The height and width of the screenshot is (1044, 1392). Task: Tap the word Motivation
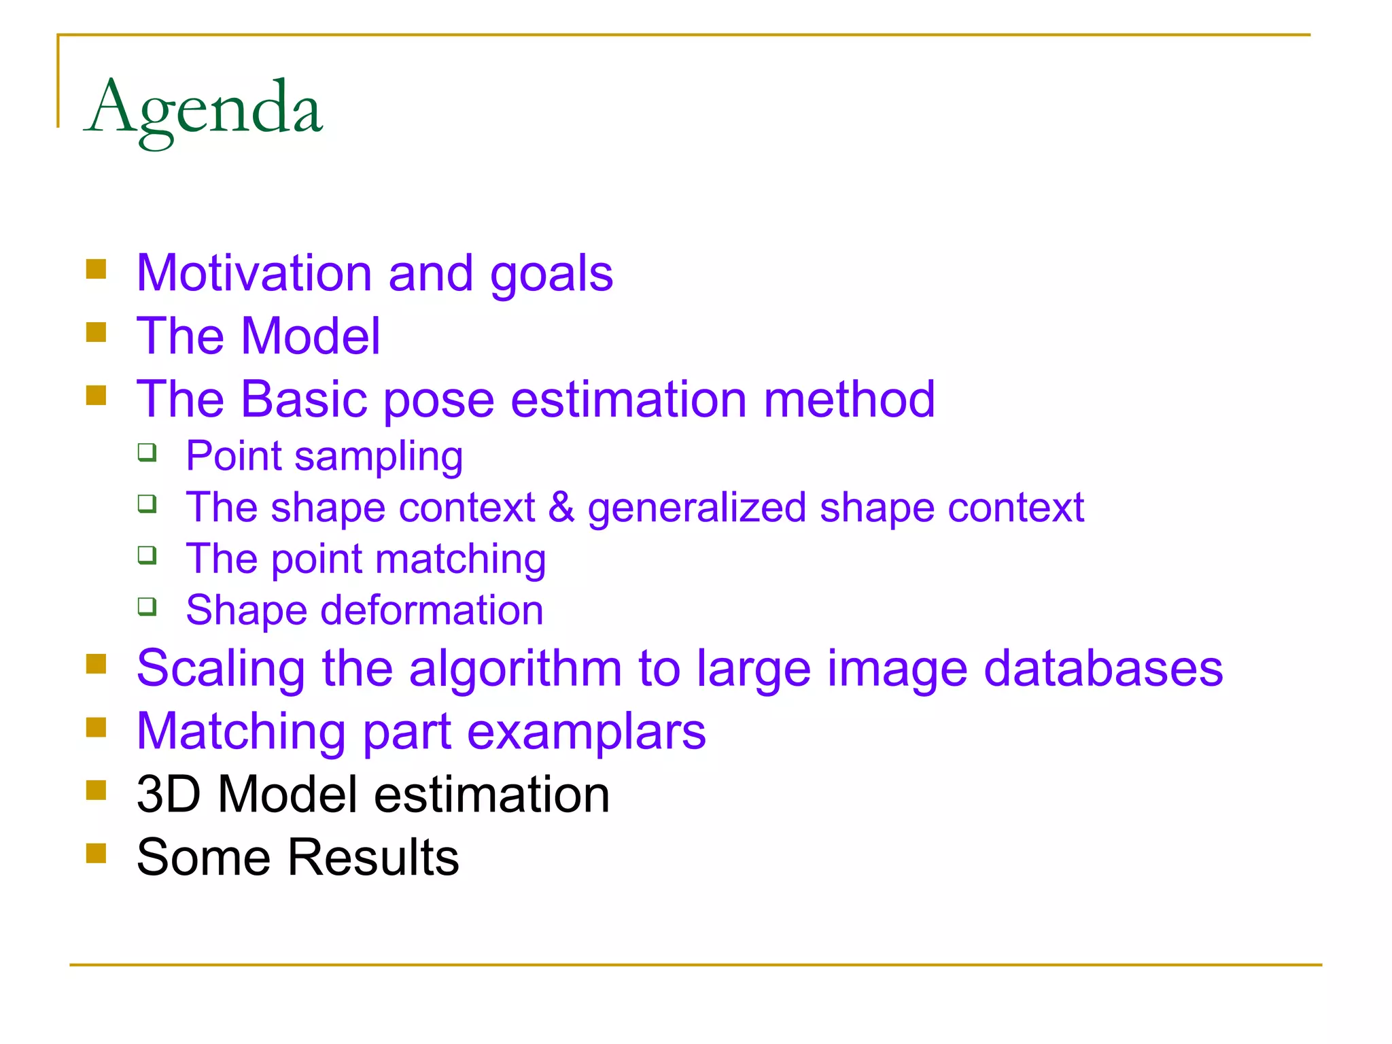pyautogui.click(x=254, y=273)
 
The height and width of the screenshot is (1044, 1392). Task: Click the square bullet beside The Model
pyautogui.click(x=97, y=332)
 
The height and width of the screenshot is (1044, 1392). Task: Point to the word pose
pyautogui.click(x=439, y=400)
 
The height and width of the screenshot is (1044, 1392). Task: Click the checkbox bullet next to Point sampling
pyautogui.click(x=147, y=452)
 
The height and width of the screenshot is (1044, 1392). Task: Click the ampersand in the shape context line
pyautogui.click(x=561, y=507)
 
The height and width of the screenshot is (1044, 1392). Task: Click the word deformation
pyautogui.click(x=432, y=610)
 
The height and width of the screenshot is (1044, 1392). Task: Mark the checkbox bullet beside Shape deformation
pyautogui.click(x=147, y=606)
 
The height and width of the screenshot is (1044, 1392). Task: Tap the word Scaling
pyautogui.click(x=220, y=668)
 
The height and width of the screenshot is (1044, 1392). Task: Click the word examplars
pyautogui.click(x=587, y=732)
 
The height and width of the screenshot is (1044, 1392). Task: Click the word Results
pyautogui.click(x=373, y=857)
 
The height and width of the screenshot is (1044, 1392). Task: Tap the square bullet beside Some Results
pyautogui.click(x=97, y=853)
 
